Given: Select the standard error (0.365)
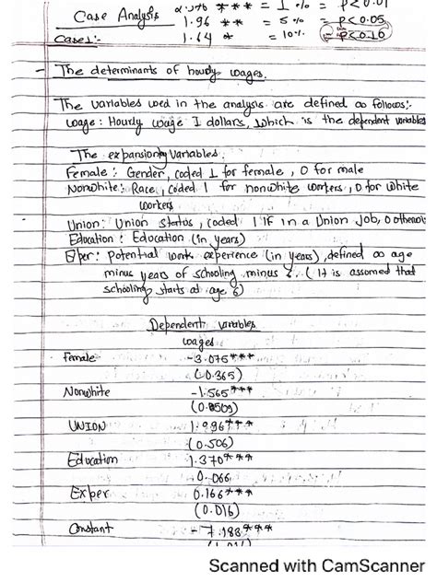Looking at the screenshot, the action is point(218,374).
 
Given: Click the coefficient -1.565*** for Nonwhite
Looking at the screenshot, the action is point(222,392).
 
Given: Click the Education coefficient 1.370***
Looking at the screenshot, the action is point(221,460).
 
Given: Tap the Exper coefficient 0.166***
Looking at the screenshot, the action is point(221,494).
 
